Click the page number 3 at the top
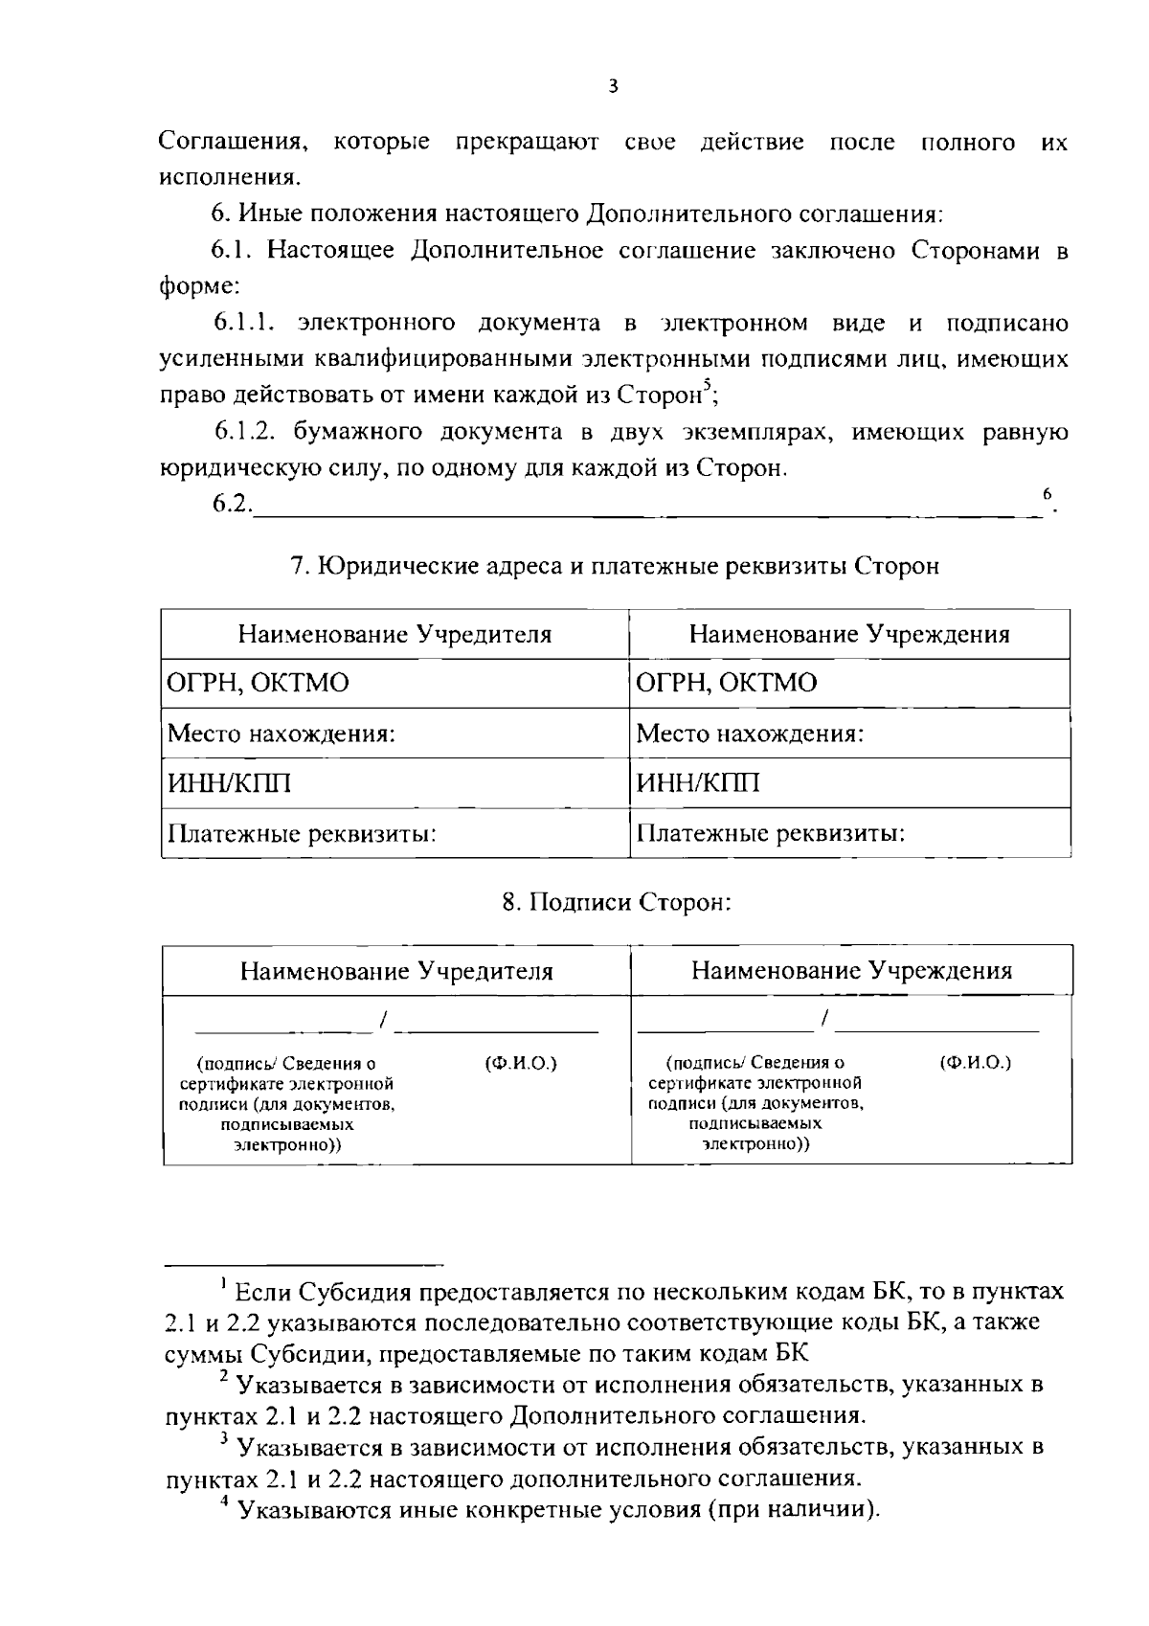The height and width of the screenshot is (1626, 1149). [613, 86]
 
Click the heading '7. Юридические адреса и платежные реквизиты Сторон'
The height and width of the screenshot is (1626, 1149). [615, 566]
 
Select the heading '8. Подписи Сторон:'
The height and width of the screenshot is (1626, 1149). [617, 902]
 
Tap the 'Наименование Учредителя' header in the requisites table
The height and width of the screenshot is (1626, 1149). [394, 634]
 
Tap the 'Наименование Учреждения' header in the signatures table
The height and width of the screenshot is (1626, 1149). [851, 971]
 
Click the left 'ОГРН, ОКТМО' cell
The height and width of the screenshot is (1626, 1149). [259, 683]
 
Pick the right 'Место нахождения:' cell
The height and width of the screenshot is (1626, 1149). [750, 734]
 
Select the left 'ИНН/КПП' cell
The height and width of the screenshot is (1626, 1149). [230, 783]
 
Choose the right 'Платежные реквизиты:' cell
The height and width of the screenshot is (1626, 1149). [771, 834]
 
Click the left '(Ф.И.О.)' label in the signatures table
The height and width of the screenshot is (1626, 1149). [522, 1063]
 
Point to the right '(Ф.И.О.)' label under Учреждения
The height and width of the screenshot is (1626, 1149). [976, 1062]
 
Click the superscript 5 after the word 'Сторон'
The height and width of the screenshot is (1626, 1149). [707, 385]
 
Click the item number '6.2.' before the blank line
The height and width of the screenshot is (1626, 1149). [233, 505]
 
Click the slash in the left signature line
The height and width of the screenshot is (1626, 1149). [383, 1022]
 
